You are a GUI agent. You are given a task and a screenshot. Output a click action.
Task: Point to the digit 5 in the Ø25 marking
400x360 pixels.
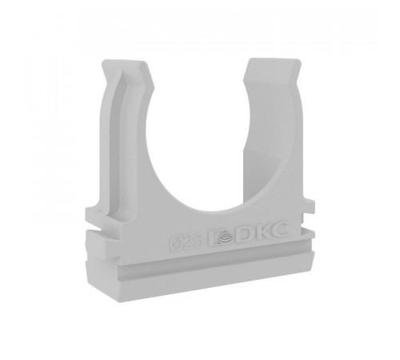point(201,240)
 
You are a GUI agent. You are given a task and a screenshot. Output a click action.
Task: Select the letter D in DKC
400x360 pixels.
point(246,233)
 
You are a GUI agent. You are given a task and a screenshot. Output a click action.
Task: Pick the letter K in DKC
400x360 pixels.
point(262,230)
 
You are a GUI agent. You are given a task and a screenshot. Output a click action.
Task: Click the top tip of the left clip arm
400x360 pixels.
point(125,62)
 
